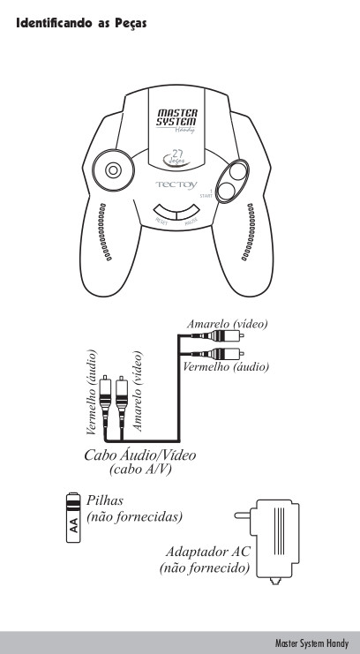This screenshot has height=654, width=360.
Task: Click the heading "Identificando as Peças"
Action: coord(81,23)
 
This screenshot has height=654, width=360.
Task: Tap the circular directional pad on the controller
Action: coord(113,170)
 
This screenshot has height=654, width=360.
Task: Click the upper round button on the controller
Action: coord(237,171)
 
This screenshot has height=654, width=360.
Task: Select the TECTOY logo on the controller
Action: coord(176,184)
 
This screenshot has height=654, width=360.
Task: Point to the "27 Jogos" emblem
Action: coord(176,158)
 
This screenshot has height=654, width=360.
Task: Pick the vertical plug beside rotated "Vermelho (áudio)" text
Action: coord(106,401)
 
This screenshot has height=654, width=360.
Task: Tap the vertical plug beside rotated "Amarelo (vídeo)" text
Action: coord(122,401)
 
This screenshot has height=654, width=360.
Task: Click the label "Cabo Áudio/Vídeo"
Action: coord(139,455)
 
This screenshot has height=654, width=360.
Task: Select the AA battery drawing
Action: coord(73,517)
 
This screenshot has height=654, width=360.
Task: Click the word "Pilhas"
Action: coord(105,500)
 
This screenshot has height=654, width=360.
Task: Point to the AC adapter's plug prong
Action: coord(243,515)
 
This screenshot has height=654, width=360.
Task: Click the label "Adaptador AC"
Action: coord(207,552)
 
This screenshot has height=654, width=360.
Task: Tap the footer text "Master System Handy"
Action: coord(311,643)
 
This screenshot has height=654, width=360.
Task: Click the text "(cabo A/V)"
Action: coord(140,470)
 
